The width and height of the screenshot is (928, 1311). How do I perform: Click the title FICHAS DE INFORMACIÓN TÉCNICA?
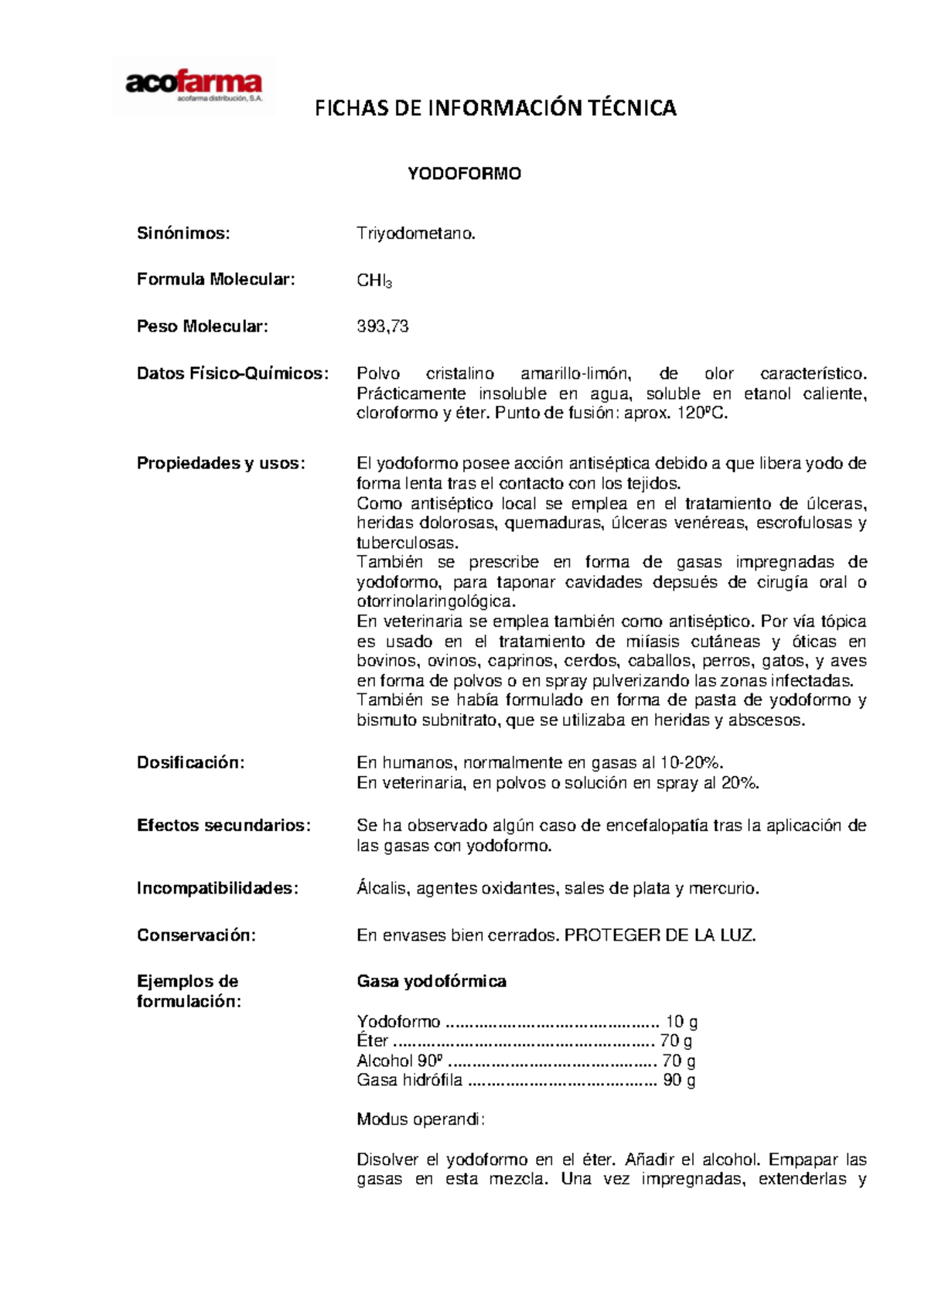[495, 108]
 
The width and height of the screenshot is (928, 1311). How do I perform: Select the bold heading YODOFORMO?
[464, 174]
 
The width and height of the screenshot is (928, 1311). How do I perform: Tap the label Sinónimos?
[183, 233]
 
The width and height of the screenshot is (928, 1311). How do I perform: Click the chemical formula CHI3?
[374, 281]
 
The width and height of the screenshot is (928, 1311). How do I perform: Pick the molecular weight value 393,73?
[382, 327]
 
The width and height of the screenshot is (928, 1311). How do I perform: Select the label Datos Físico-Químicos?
[233, 374]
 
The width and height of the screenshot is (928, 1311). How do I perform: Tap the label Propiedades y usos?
[221, 464]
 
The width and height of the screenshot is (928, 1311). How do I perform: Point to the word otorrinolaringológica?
[435, 601]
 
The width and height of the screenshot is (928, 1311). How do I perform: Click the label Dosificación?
[190, 763]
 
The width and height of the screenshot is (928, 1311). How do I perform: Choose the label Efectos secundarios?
[223, 826]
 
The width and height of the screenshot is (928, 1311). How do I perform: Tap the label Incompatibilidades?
[217, 889]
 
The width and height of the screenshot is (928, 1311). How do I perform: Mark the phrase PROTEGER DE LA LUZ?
[660, 935]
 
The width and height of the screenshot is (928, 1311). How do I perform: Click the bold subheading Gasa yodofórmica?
[431, 982]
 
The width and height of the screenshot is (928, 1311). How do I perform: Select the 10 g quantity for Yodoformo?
[681, 1022]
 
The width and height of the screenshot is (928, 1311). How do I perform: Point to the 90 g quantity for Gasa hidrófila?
[679, 1081]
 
